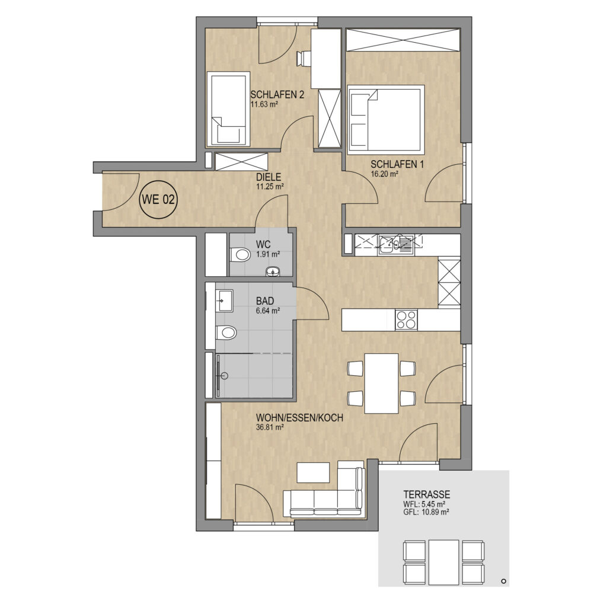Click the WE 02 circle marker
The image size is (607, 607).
(158, 200)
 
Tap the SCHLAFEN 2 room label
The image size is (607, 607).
(277, 94)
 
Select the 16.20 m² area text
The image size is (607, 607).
(385, 174)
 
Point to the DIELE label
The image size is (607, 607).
(269, 177)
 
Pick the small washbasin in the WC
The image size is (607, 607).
(273, 271)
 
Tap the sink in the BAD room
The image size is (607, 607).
(224, 301)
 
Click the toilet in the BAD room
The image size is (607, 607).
(226, 332)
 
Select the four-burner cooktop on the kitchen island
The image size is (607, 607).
(406, 320)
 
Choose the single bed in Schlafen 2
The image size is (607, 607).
(228, 109)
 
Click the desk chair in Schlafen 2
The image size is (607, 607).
(304, 59)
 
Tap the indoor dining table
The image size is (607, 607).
(381, 384)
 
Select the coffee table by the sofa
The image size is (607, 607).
(313, 472)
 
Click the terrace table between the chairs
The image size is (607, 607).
(443, 562)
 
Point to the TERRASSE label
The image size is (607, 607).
(427, 494)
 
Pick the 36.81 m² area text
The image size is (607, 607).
(270, 428)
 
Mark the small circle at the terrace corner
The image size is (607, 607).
(504, 581)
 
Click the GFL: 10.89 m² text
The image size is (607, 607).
(426, 512)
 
